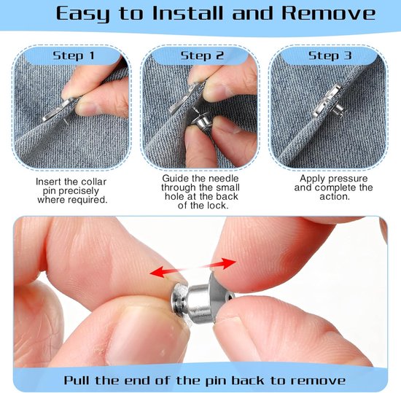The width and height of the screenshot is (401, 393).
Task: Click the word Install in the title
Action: coord(187,13)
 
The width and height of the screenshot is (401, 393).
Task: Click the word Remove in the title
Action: coord(329,13)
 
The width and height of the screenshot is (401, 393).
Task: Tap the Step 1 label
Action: coord(74,55)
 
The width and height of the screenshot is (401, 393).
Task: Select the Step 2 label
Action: coord(202,55)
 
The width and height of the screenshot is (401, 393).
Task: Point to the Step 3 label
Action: coord(330,55)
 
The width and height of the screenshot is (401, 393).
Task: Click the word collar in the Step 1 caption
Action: coord(93,182)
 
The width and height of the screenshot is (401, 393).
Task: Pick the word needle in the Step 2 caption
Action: coord(223,178)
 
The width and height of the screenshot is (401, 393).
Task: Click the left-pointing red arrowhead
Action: coord(157,272)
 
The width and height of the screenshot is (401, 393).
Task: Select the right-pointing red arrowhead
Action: coord(228,263)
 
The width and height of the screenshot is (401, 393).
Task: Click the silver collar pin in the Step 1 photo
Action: coord(57,110)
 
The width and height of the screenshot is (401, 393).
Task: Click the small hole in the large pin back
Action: coord(231,297)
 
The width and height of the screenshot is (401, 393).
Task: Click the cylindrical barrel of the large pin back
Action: coord(200,301)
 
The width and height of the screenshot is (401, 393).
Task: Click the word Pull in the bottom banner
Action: coord(78,380)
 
